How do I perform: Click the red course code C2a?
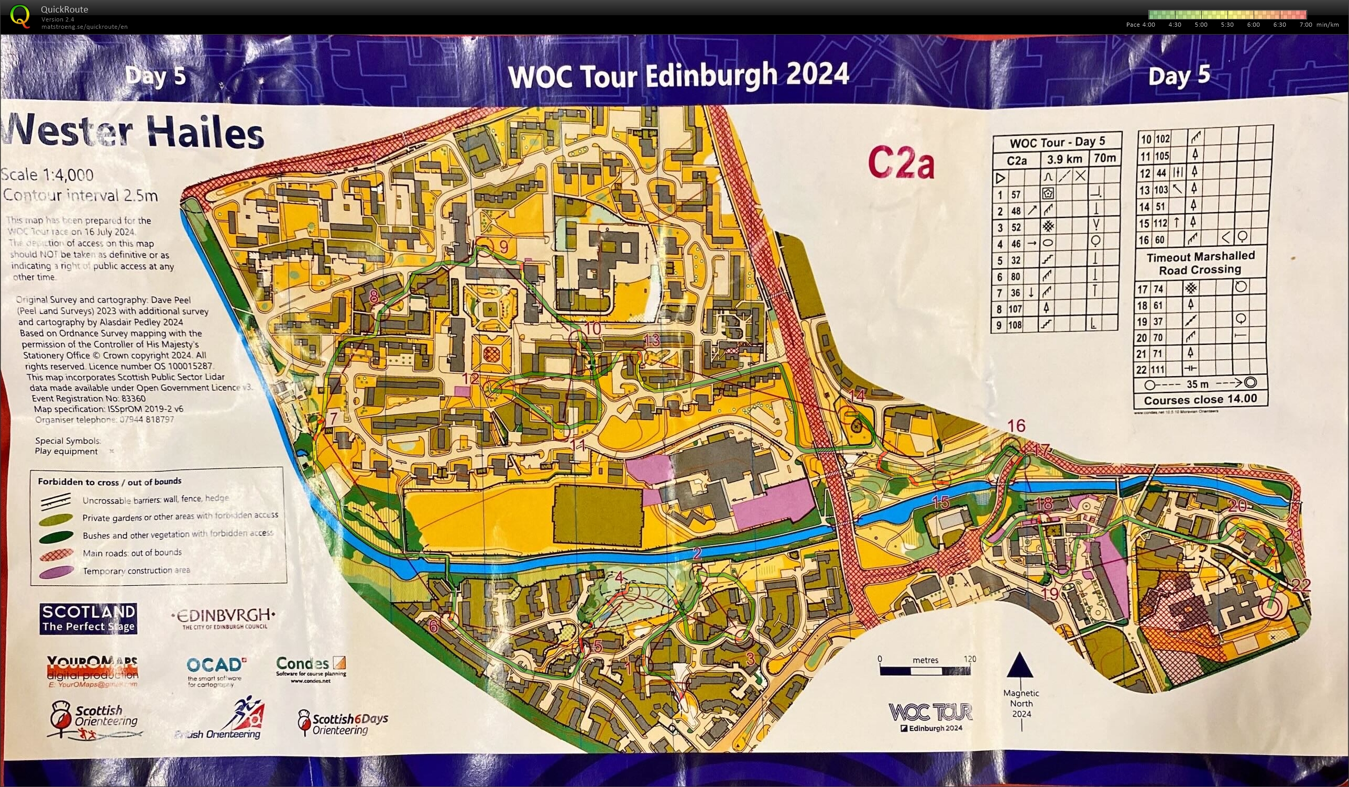[x=901, y=162]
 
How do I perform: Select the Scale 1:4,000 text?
[x=47, y=175]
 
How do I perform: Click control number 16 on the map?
[x=1016, y=426]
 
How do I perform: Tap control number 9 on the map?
[x=503, y=246]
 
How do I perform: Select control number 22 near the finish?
[x=1301, y=585]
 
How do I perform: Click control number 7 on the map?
[x=334, y=418]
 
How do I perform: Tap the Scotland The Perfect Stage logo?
[x=89, y=618]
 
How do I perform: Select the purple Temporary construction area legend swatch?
[x=56, y=572]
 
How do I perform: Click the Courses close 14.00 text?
[x=1200, y=399]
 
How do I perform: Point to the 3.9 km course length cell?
[x=1064, y=159]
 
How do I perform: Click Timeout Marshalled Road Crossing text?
[x=1200, y=264]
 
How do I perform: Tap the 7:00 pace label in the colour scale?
[x=1305, y=25]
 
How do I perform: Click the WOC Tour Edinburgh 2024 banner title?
[x=678, y=75]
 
